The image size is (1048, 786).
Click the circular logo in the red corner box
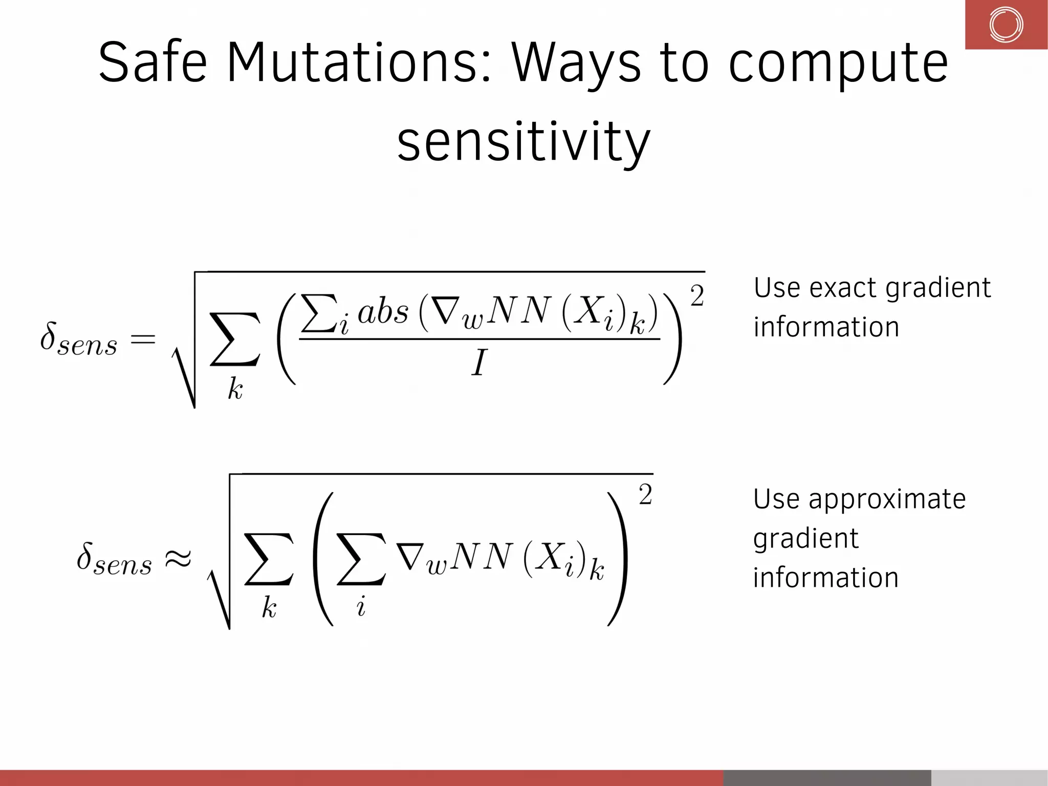point(1006,25)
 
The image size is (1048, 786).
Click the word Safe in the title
point(152,62)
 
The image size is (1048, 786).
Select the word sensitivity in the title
point(523,142)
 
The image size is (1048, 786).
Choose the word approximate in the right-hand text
point(886,499)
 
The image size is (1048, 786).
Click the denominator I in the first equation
point(478,363)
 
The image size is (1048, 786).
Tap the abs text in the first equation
point(383,311)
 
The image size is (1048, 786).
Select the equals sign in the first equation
point(143,339)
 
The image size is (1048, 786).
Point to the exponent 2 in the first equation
point(697,295)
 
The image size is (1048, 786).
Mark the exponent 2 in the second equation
point(645,494)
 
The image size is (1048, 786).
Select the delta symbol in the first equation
point(48,337)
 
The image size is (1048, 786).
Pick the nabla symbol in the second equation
point(409,557)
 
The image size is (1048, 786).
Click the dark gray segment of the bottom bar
point(826,777)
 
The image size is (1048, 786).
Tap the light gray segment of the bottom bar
point(989,777)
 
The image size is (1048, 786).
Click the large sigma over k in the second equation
point(269,559)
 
